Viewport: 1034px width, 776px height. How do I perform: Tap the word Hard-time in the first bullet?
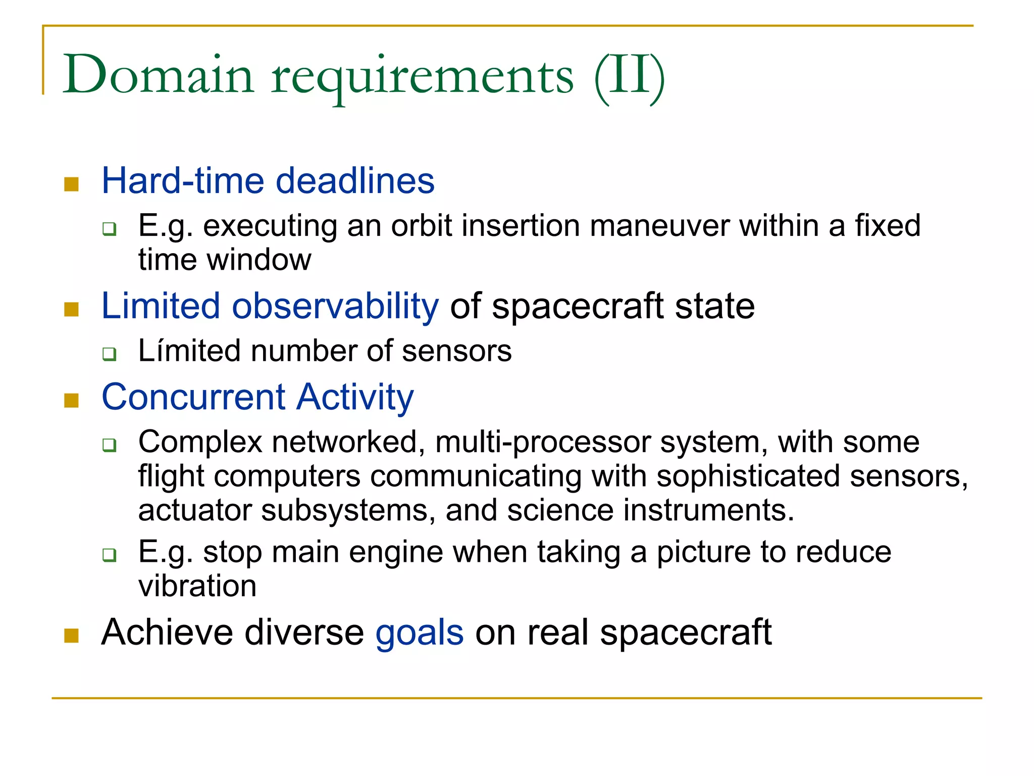(183, 181)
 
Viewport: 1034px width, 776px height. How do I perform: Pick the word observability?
(335, 306)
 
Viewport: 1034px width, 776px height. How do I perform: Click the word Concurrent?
(193, 397)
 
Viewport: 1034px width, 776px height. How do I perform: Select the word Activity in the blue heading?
(355, 398)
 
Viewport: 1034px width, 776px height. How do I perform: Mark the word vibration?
(197, 586)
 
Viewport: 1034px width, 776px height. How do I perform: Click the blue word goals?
(420, 633)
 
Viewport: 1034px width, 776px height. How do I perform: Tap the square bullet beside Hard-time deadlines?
(72, 184)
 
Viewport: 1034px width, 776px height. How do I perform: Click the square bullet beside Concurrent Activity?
(72, 401)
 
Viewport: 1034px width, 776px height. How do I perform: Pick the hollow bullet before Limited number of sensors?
(109, 354)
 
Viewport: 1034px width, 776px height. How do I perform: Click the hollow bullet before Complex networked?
(109, 445)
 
